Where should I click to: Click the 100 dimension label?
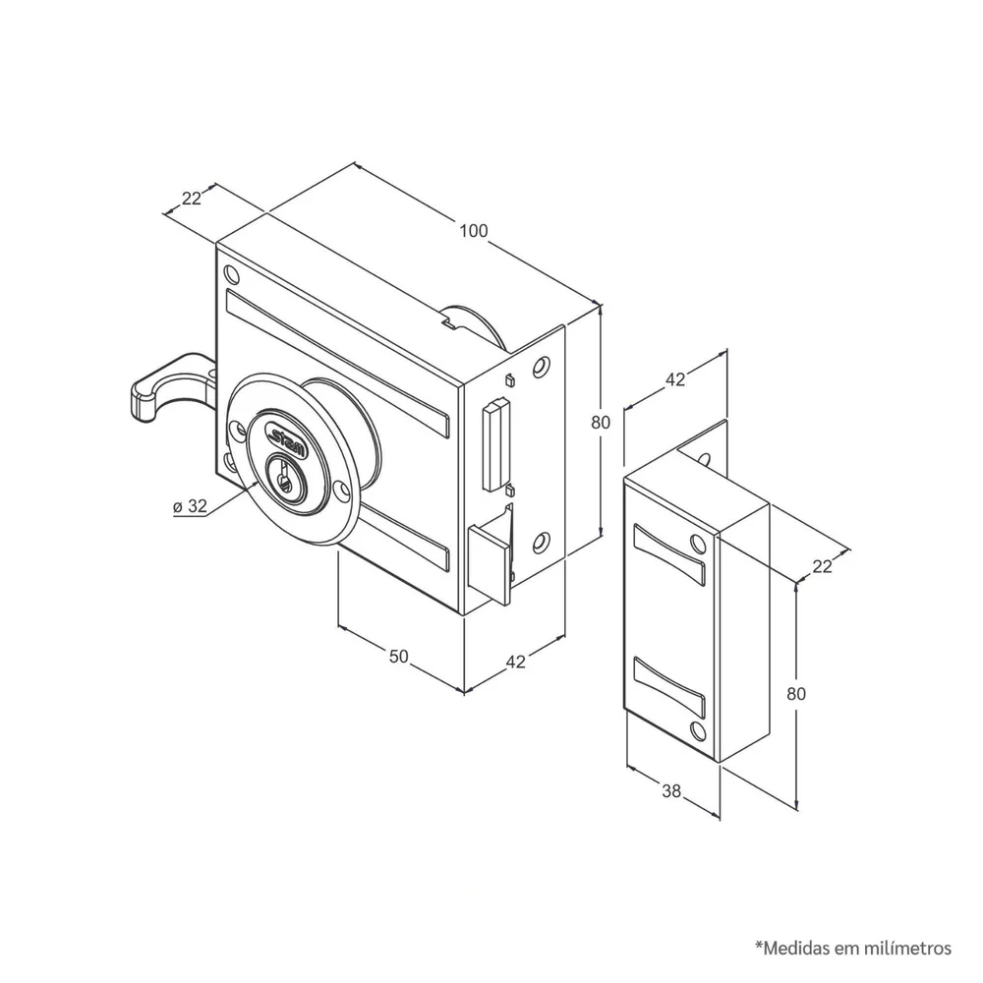pyautogui.click(x=474, y=231)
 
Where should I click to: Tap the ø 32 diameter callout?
pyautogui.click(x=190, y=506)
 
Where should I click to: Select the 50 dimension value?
pyautogui.click(x=399, y=657)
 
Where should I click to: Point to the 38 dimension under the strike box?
pyautogui.click(x=671, y=791)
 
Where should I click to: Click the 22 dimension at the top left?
pyautogui.click(x=192, y=199)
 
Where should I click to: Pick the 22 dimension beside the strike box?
pyautogui.click(x=822, y=567)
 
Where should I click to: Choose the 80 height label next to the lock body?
pyautogui.click(x=601, y=423)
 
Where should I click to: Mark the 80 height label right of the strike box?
pyautogui.click(x=796, y=694)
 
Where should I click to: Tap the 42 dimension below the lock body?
pyautogui.click(x=515, y=662)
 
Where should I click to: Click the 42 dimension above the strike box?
pyautogui.click(x=675, y=379)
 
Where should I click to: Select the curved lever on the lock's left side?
pyautogui.click(x=169, y=386)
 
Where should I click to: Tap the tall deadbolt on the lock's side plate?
pyautogui.click(x=495, y=445)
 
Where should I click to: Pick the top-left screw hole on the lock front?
pyautogui.click(x=231, y=274)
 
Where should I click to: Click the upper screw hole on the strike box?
pyautogui.click(x=698, y=542)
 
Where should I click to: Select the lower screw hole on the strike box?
pyautogui.click(x=697, y=729)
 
